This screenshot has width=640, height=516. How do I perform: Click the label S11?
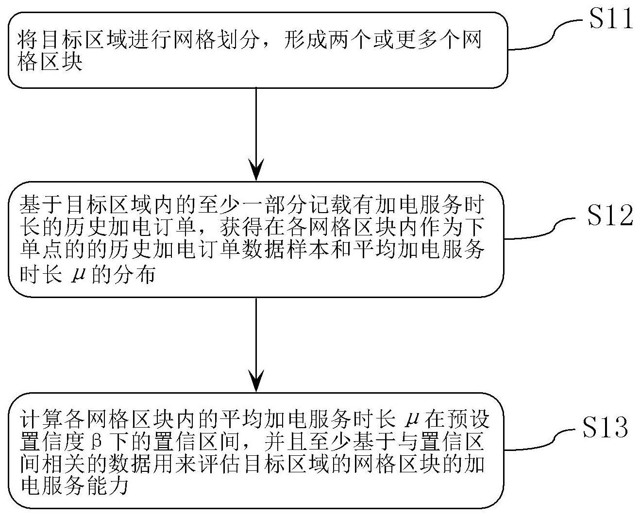click(610, 20)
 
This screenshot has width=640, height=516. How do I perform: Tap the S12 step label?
click(609, 216)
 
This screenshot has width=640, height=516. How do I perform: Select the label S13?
click(605, 427)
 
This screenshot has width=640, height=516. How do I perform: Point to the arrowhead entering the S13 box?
click(256, 382)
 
